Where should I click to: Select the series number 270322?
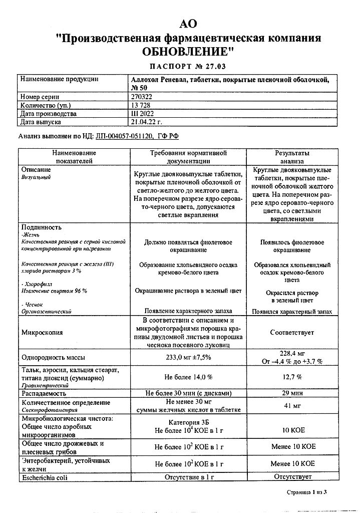(x=140, y=97)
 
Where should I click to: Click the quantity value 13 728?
(x=140, y=105)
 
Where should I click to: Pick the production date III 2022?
(x=142, y=114)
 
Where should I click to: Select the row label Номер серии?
(x=40, y=97)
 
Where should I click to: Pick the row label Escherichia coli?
(x=44, y=477)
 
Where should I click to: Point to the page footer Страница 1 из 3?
(x=306, y=493)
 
